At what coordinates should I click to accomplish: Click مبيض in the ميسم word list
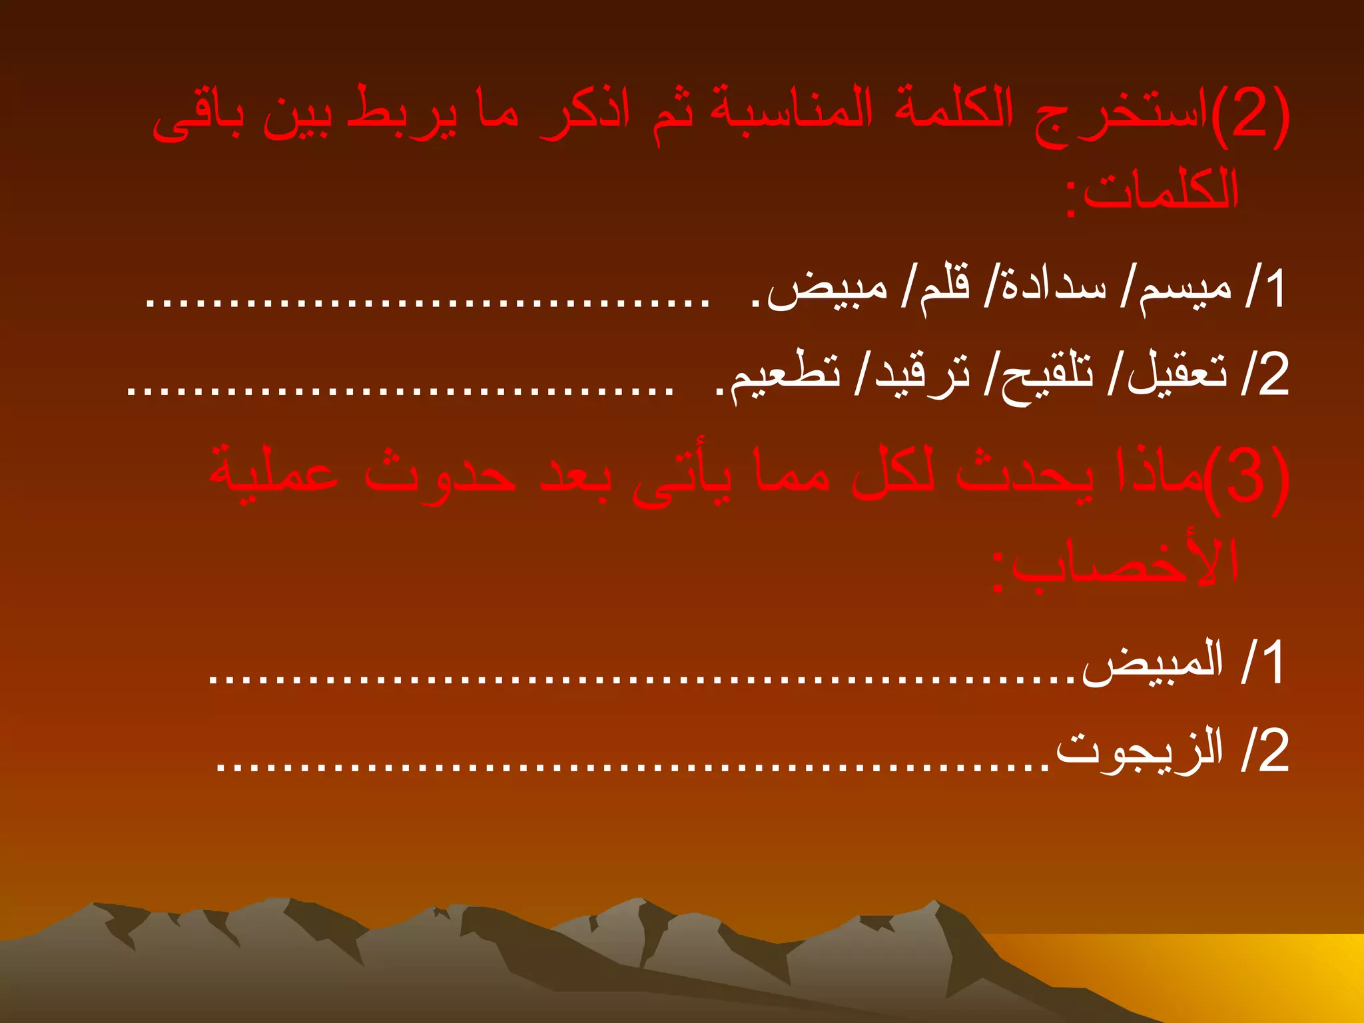828,291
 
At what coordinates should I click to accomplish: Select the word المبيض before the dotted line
1152,663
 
